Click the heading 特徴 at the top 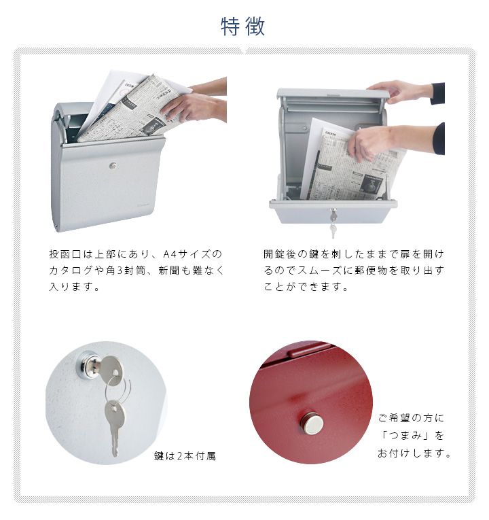tap(243, 27)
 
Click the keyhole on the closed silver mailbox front tap(113, 166)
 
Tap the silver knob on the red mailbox tap(312, 423)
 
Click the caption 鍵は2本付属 tap(185, 456)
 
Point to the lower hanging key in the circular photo tap(115, 427)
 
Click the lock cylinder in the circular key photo tap(88, 365)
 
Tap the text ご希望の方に tap(411, 418)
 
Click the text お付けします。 tap(414, 453)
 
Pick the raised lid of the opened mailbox tap(333, 94)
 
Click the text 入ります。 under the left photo tap(74, 287)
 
